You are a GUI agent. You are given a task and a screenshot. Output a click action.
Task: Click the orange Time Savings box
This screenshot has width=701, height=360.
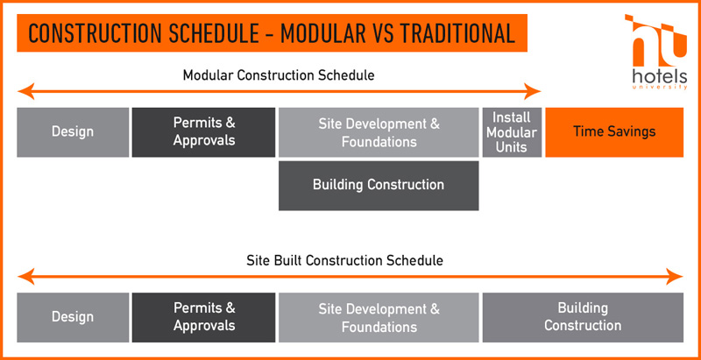614,132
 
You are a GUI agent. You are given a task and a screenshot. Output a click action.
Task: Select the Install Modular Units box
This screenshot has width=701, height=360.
512,132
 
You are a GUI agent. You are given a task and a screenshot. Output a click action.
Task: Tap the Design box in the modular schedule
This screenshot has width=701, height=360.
73,132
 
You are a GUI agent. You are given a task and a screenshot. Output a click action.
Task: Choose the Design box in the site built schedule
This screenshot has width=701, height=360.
73,318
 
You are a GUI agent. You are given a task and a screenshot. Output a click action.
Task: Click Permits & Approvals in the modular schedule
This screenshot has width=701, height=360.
203,132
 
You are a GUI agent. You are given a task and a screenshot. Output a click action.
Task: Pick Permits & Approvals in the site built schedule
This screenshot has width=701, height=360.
203,318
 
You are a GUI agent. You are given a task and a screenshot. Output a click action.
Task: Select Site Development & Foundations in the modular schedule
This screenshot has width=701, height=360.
379,132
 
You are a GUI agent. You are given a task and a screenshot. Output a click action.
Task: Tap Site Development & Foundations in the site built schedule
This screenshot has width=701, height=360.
379,318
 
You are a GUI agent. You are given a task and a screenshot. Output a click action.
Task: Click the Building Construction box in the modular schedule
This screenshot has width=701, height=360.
379,186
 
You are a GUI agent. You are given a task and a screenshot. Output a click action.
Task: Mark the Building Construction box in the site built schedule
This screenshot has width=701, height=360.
583,318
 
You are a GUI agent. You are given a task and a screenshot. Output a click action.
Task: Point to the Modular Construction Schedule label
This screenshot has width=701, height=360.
279,75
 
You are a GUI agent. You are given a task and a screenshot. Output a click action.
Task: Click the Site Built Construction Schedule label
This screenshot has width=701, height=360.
344,260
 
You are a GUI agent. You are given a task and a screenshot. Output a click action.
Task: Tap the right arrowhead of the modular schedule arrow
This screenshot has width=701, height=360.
534,91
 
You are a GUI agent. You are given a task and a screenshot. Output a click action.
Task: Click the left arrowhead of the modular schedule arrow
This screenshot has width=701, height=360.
25,91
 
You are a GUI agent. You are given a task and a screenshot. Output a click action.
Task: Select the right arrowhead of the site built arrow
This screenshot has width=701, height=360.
675,277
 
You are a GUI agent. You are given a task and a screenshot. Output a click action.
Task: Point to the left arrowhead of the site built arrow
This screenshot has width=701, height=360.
25,277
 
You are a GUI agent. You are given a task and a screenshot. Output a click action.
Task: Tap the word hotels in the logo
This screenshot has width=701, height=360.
660,76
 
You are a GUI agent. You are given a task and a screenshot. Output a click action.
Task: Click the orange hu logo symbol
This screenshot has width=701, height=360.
657,40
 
